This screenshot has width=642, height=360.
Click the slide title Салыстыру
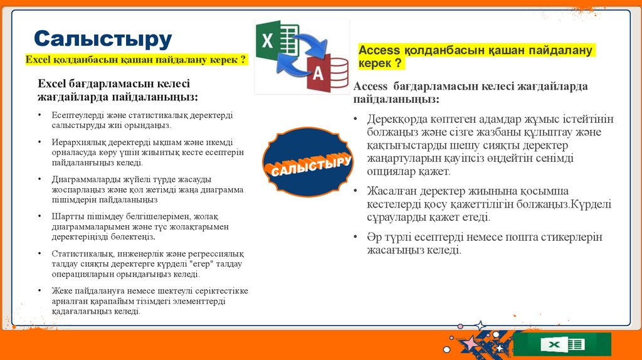pos(102,39)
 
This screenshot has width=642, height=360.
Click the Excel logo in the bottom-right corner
pos(566,344)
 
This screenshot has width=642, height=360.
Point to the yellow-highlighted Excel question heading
pos(135,60)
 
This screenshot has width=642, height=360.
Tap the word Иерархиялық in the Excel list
pos(75,142)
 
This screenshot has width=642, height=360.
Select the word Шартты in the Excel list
pos(66,216)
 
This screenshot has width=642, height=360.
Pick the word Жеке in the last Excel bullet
pos(61,290)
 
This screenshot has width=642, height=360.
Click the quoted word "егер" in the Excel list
pos(185,264)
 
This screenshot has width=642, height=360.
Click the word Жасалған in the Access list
pos(391,191)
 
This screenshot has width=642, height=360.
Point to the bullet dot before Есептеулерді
pos(39,115)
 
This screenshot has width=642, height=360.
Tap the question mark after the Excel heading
pos(242,60)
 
